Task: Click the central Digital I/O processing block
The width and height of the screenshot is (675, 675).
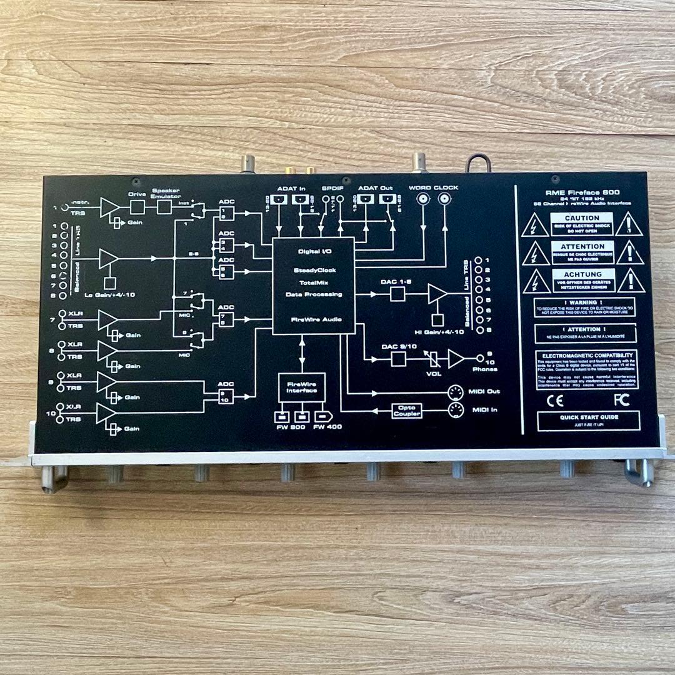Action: (x=313, y=285)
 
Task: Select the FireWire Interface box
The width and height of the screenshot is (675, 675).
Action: (x=302, y=387)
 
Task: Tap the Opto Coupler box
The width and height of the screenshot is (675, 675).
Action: (x=407, y=411)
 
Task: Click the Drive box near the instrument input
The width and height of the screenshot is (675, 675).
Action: (x=137, y=206)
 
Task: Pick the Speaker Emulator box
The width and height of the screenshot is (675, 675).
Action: (x=164, y=206)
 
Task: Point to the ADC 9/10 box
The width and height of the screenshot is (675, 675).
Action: (x=226, y=396)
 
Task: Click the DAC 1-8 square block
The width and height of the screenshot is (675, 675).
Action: (x=397, y=294)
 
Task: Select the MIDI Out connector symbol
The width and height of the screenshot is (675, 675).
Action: (x=456, y=392)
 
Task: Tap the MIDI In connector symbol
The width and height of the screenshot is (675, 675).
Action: (x=456, y=411)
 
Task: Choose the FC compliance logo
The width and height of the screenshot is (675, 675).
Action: (x=621, y=400)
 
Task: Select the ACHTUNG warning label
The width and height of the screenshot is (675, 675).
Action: (x=583, y=274)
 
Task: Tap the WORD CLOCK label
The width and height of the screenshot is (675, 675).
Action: (x=433, y=187)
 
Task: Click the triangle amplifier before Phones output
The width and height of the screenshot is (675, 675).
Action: (x=456, y=358)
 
